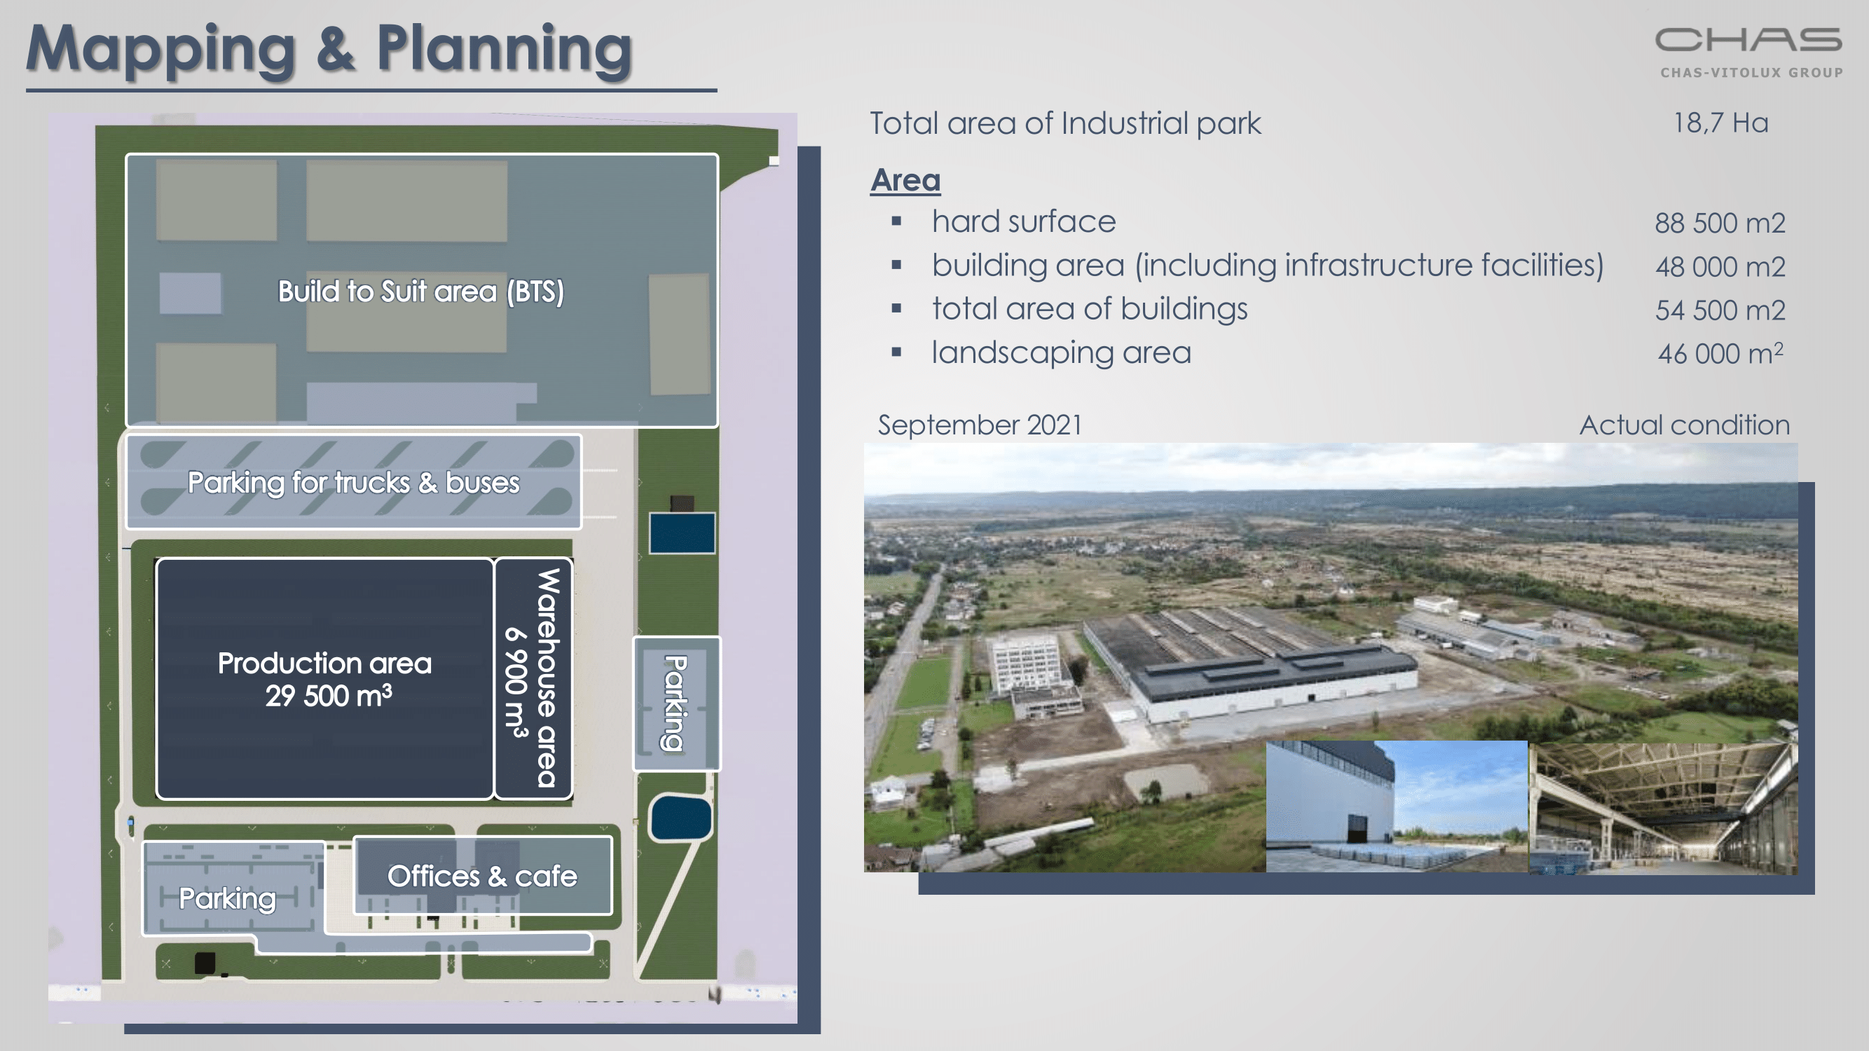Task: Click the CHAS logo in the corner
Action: point(1749,51)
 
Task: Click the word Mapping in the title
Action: point(161,49)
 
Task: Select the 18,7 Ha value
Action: point(1720,123)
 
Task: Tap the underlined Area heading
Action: point(905,179)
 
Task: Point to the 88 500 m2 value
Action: point(1720,223)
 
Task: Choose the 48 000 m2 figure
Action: point(1720,266)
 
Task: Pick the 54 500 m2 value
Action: point(1720,310)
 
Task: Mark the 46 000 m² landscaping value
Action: point(1720,353)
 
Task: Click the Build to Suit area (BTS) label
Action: point(420,291)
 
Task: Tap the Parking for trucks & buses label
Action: point(353,482)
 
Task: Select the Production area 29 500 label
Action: point(325,680)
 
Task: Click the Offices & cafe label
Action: point(482,877)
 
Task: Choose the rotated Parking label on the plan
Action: point(674,703)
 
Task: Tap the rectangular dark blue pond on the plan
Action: point(682,533)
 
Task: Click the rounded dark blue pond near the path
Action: point(680,818)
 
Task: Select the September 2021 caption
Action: point(980,425)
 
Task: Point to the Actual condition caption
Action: point(1685,425)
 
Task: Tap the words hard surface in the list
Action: point(1024,222)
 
